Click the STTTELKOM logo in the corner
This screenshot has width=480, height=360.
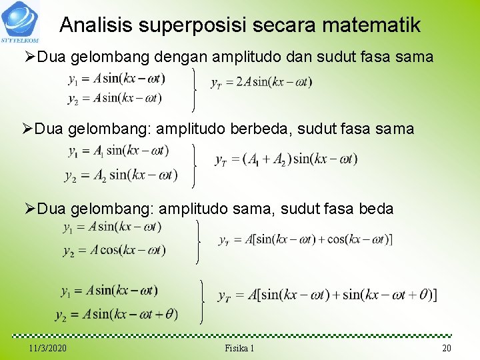20,21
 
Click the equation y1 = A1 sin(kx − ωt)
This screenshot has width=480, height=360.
118,151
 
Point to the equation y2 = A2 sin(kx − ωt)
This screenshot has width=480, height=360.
121,175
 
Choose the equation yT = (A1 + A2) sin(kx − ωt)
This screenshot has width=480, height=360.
286,159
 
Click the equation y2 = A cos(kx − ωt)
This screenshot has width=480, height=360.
114,251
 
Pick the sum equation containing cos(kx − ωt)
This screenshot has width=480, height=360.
305,239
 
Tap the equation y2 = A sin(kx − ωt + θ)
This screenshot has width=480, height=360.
117,314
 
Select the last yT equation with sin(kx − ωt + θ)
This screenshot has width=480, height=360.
327,295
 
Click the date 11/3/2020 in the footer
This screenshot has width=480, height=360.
48,349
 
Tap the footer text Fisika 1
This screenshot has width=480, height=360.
239,349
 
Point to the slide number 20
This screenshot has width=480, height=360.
446,349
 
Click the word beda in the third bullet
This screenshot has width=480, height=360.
376,209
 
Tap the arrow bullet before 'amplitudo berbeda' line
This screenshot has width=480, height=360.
28,128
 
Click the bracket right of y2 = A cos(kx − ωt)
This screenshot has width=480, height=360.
199,242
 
